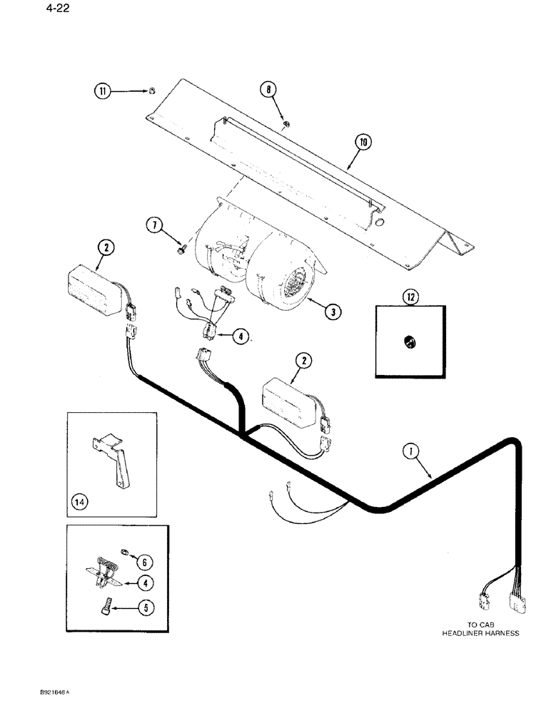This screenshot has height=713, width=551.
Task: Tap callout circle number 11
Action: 103,91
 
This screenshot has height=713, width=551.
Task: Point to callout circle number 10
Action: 363,143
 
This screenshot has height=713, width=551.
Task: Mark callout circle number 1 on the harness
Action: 409,451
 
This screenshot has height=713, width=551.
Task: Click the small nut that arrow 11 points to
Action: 151,91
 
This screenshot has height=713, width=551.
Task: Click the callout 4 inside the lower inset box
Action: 146,583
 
